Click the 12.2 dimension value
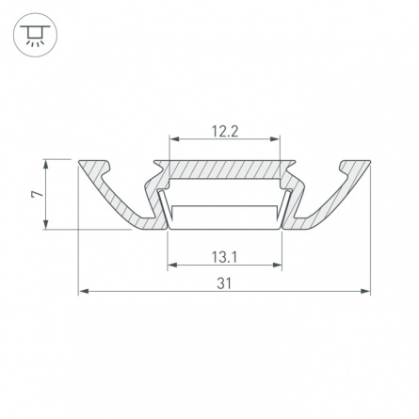225,131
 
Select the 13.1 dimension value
224,257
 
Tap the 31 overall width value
224,283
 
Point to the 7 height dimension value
37,194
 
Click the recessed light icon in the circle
35,35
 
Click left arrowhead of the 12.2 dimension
174,138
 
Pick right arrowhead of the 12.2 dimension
275,138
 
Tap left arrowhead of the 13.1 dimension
172,266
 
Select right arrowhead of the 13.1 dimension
278,266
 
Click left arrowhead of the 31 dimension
83,291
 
